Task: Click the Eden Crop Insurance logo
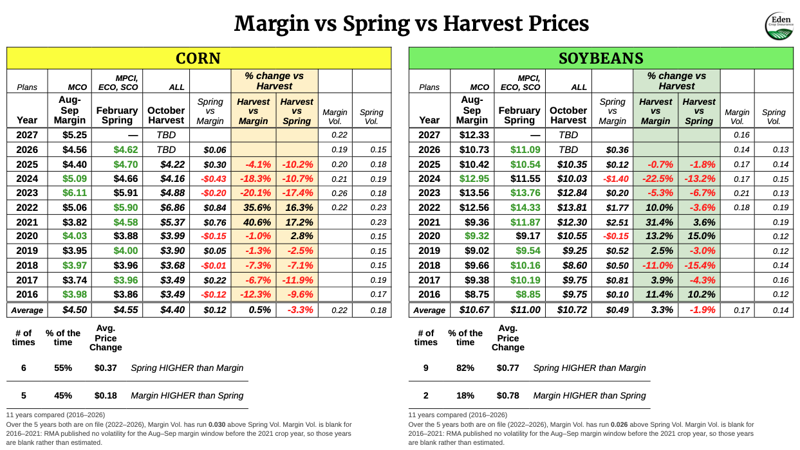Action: [x=779, y=26]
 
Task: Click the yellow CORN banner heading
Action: [x=198, y=58]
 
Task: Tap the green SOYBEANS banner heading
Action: [x=601, y=58]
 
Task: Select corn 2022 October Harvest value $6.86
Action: [x=172, y=208]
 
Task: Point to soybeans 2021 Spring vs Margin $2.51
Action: [x=617, y=222]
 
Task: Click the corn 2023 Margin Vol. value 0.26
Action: [x=339, y=194]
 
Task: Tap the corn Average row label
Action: [x=27, y=310]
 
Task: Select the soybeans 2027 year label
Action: [x=429, y=135]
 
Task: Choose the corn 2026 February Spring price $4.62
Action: [x=126, y=150]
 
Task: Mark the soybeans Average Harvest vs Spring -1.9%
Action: [x=702, y=310]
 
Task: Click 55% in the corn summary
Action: [x=63, y=368]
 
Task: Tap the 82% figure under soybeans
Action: [x=465, y=368]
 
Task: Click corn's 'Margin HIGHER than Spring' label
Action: [x=187, y=395]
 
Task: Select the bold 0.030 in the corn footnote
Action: [x=217, y=425]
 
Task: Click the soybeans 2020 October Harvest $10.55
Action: [x=572, y=236]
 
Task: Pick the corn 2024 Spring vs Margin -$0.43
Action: [x=213, y=179]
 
